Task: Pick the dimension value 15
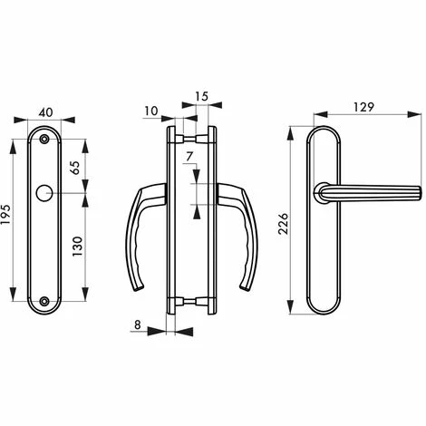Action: point(201,96)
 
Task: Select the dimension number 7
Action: point(188,158)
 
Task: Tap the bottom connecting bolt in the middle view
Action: point(190,302)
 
